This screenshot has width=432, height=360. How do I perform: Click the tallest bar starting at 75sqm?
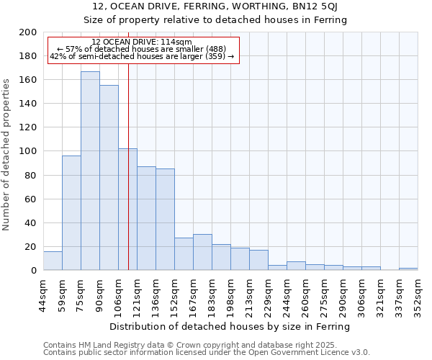(x=90, y=171)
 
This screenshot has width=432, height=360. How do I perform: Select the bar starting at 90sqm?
(x=109, y=178)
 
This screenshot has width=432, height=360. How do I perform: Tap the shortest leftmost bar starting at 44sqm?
(x=53, y=261)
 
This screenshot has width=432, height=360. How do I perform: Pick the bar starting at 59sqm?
(x=71, y=213)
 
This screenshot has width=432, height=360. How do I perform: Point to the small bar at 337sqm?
(x=408, y=269)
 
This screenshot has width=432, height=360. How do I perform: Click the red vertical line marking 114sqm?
(x=128, y=166)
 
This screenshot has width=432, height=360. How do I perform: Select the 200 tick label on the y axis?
(x=28, y=32)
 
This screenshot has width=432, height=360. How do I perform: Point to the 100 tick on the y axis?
(x=28, y=151)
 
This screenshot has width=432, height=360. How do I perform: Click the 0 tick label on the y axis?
(x=34, y=271)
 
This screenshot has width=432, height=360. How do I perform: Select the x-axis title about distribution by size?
(x=230, y=326)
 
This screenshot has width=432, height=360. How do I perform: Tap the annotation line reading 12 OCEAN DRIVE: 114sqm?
(x=142, y=42)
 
